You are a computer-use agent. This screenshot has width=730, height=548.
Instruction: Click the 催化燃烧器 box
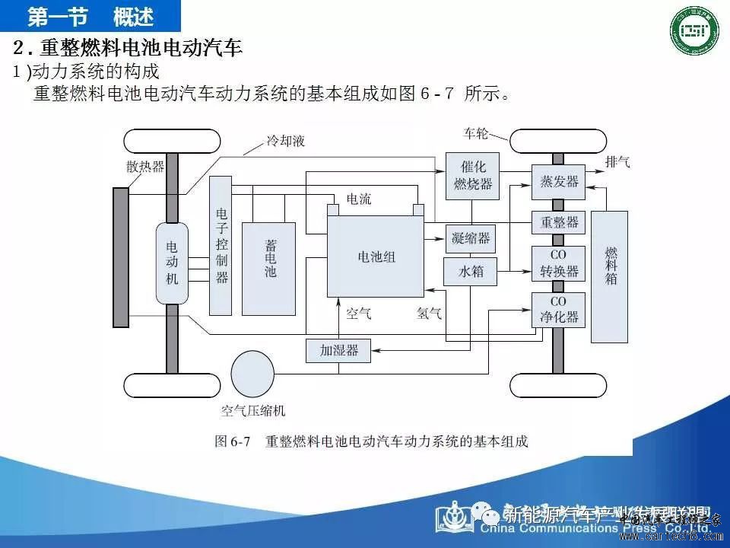pos(472,175)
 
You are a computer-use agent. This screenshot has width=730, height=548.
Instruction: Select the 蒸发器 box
pos(558,182)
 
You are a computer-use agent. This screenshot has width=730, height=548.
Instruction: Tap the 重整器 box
pos(558,222)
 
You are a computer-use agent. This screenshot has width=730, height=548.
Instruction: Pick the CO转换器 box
pos(558,263)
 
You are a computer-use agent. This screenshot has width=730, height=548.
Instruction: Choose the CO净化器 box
pos(558,310)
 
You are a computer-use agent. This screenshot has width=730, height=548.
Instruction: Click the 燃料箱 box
pos(610,266)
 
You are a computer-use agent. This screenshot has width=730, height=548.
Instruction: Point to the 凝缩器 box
pos(471,238)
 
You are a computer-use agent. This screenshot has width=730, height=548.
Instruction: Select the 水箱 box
pos(471,271)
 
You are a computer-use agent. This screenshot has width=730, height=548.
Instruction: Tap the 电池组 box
pos(376,256)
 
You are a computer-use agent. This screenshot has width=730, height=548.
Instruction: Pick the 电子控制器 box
pos(221,245)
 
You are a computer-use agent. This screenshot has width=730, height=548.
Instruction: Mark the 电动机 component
pos(172,263)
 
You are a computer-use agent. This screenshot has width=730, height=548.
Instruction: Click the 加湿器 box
pos(339,351)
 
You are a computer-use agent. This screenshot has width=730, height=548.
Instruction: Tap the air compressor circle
pos(252,374)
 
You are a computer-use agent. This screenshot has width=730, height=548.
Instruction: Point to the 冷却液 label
pos(286,141)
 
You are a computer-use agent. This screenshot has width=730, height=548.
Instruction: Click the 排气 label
pos(617,162)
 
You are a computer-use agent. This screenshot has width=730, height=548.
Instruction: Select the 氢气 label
pos(429,313)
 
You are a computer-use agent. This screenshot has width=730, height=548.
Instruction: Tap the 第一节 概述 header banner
pos(90,15)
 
